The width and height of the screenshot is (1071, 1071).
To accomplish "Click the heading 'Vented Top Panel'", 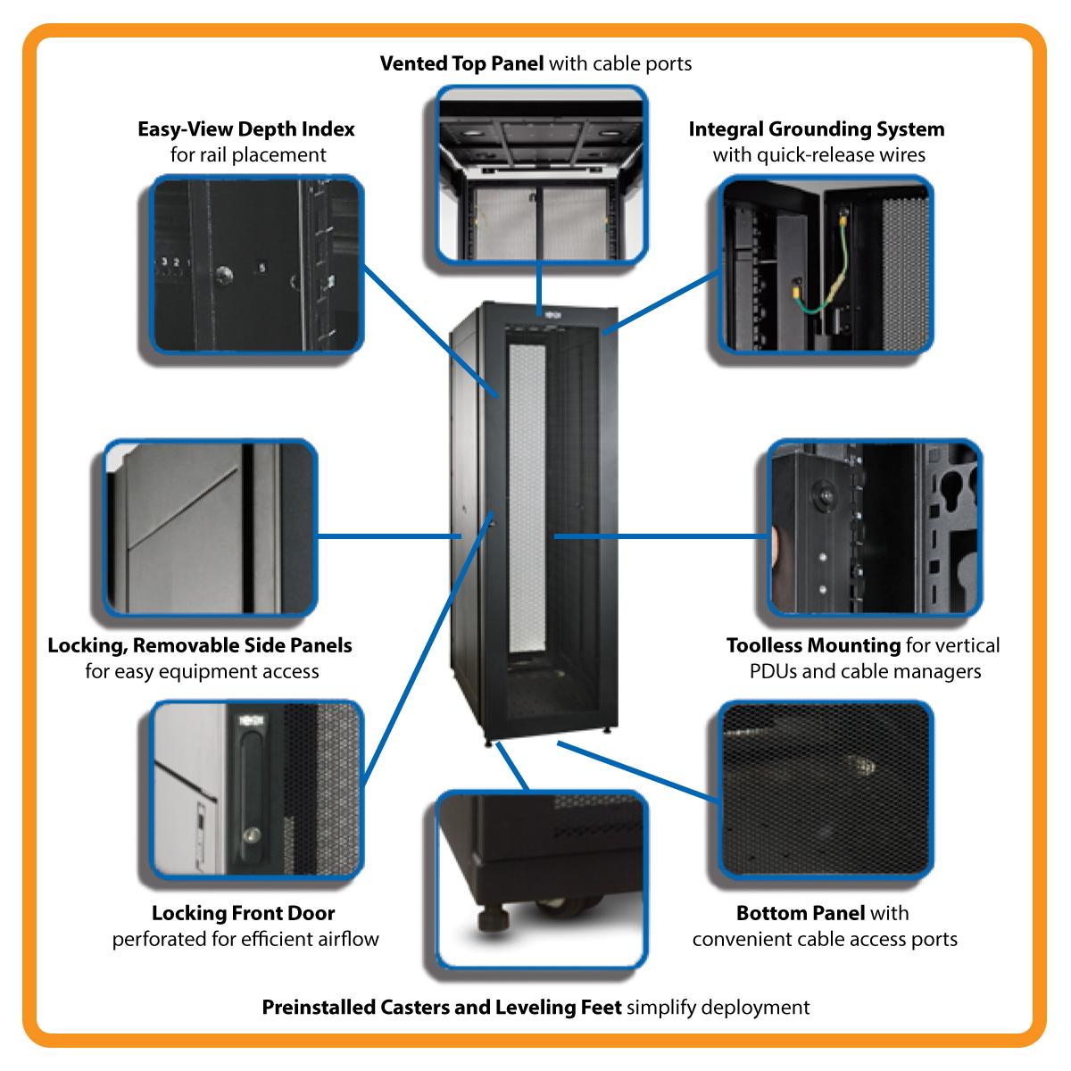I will (461, 64).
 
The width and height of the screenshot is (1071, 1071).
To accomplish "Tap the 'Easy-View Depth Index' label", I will (246, 129).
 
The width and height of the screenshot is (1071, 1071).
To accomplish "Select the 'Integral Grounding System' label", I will (816, 129).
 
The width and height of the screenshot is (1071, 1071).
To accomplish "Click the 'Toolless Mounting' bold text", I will (813, 645).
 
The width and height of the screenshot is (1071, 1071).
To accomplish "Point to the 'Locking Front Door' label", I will (244, 913).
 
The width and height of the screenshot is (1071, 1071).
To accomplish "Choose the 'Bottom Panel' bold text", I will (801, 913).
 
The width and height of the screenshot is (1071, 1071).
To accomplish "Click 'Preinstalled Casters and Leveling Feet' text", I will (442, 1008).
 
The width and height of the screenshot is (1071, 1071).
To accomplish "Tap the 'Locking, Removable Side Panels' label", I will (200, 645).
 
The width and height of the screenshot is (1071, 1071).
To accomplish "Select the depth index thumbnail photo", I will (258, 264).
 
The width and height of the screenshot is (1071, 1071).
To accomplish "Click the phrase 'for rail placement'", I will (248, 155).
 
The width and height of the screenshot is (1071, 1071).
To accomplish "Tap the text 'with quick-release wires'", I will (818, 155).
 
